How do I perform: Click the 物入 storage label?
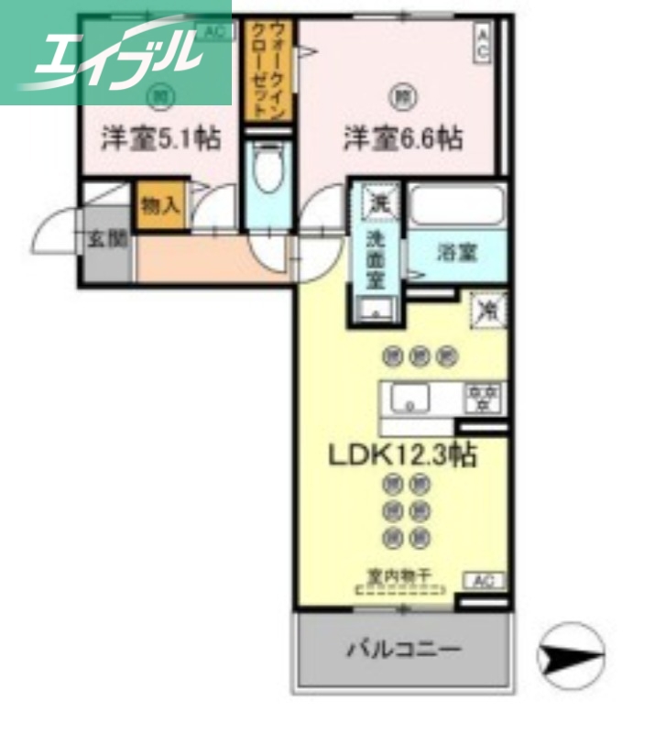tap(160, 205)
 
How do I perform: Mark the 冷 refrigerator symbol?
tap(488, 310)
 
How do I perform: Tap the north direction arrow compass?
tap(571, 654)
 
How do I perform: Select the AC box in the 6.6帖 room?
tap(481, 42)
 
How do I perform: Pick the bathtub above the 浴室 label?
tap(456, 204)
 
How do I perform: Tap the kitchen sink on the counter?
tap(410, 399)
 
